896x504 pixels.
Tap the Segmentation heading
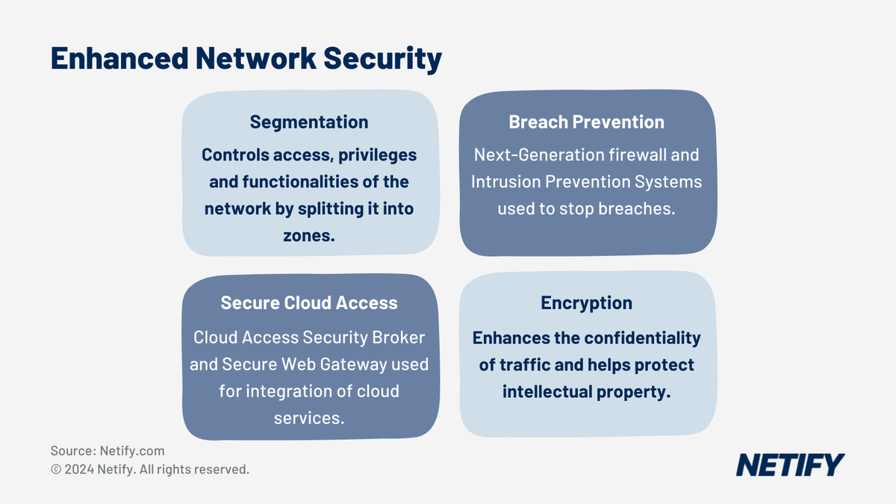309,122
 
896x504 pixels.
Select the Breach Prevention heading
586,122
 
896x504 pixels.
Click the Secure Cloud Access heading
309,302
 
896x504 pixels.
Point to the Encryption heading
586,302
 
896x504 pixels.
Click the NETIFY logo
790,464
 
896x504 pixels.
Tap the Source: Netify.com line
108,451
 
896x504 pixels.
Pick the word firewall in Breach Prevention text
636,155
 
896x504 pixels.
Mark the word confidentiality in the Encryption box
642,338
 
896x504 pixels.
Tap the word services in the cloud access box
308,417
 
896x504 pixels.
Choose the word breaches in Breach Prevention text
636,208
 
